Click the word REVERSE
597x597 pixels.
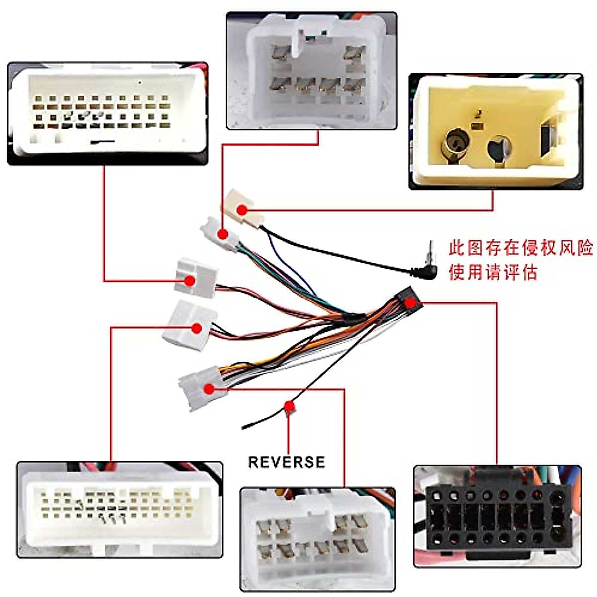pos(287,462)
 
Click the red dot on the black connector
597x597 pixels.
pos(409,302)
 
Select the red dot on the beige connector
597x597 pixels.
pos(242,210)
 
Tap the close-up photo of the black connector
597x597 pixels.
pos(497,515)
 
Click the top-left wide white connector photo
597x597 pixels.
pos(107,113)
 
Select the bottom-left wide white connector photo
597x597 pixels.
pos(119,509)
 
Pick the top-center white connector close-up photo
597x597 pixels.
pos(311,71)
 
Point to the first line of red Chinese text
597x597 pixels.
pos(520,247)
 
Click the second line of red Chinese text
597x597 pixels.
pos(493,272)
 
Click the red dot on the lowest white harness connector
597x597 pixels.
pos(209,389)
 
